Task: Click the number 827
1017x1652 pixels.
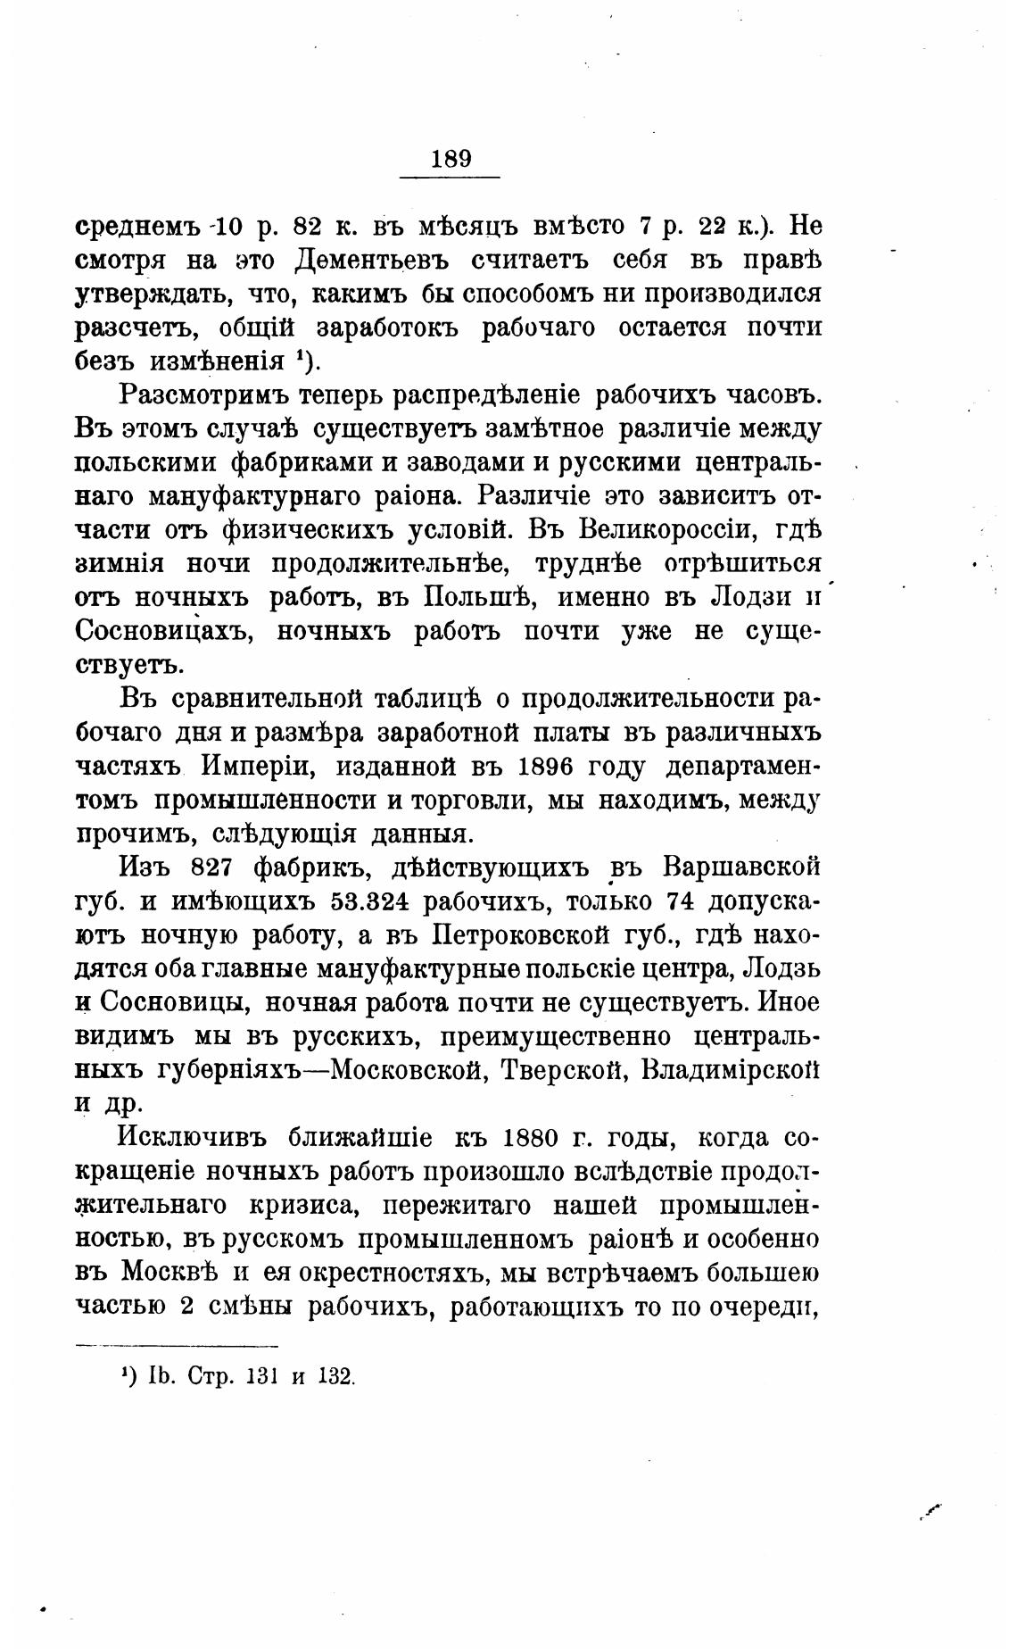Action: pos(212,868)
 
